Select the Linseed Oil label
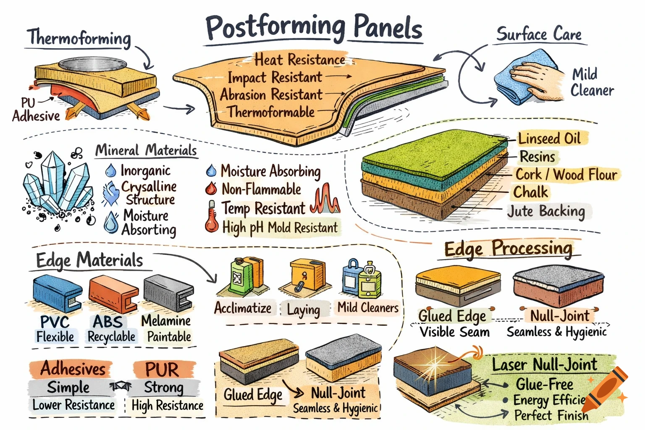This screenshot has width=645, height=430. tap(549, 139)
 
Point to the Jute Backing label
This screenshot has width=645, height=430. tap(546, 211)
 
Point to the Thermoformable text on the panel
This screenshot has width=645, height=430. tap(271, 112)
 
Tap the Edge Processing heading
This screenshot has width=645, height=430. tap(508, 249)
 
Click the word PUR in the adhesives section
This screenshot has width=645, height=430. tap(162, 370)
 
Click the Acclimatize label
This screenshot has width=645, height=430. tap(243, 308)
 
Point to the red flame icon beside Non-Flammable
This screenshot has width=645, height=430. tap(211, 189)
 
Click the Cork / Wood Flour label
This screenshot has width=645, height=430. tap(566, 174)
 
